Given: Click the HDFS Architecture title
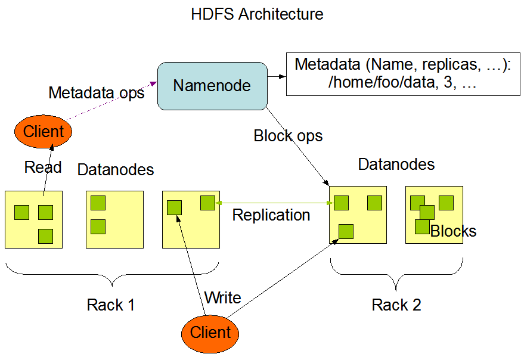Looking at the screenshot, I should point(257,14).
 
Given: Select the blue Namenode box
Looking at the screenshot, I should point(212,86).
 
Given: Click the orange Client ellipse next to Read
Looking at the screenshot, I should point(43,131).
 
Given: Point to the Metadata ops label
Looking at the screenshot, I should point(96,93).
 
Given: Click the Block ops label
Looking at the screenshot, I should point(288,136).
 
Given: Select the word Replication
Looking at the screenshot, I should point(271,215).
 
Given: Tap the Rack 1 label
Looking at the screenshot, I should point(110,305).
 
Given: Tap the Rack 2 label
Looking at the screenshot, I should point(396,305).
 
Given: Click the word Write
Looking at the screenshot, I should point(222,297).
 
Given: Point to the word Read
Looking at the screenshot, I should point(43,167).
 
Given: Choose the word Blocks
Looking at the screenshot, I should point(454,232).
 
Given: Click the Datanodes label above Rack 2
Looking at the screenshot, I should point(396,164).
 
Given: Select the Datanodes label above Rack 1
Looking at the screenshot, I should point(116,169).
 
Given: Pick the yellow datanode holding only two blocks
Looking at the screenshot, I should point(115,219).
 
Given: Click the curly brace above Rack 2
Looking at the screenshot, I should point(396,271).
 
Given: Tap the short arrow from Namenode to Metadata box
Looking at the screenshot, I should point(275,76).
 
